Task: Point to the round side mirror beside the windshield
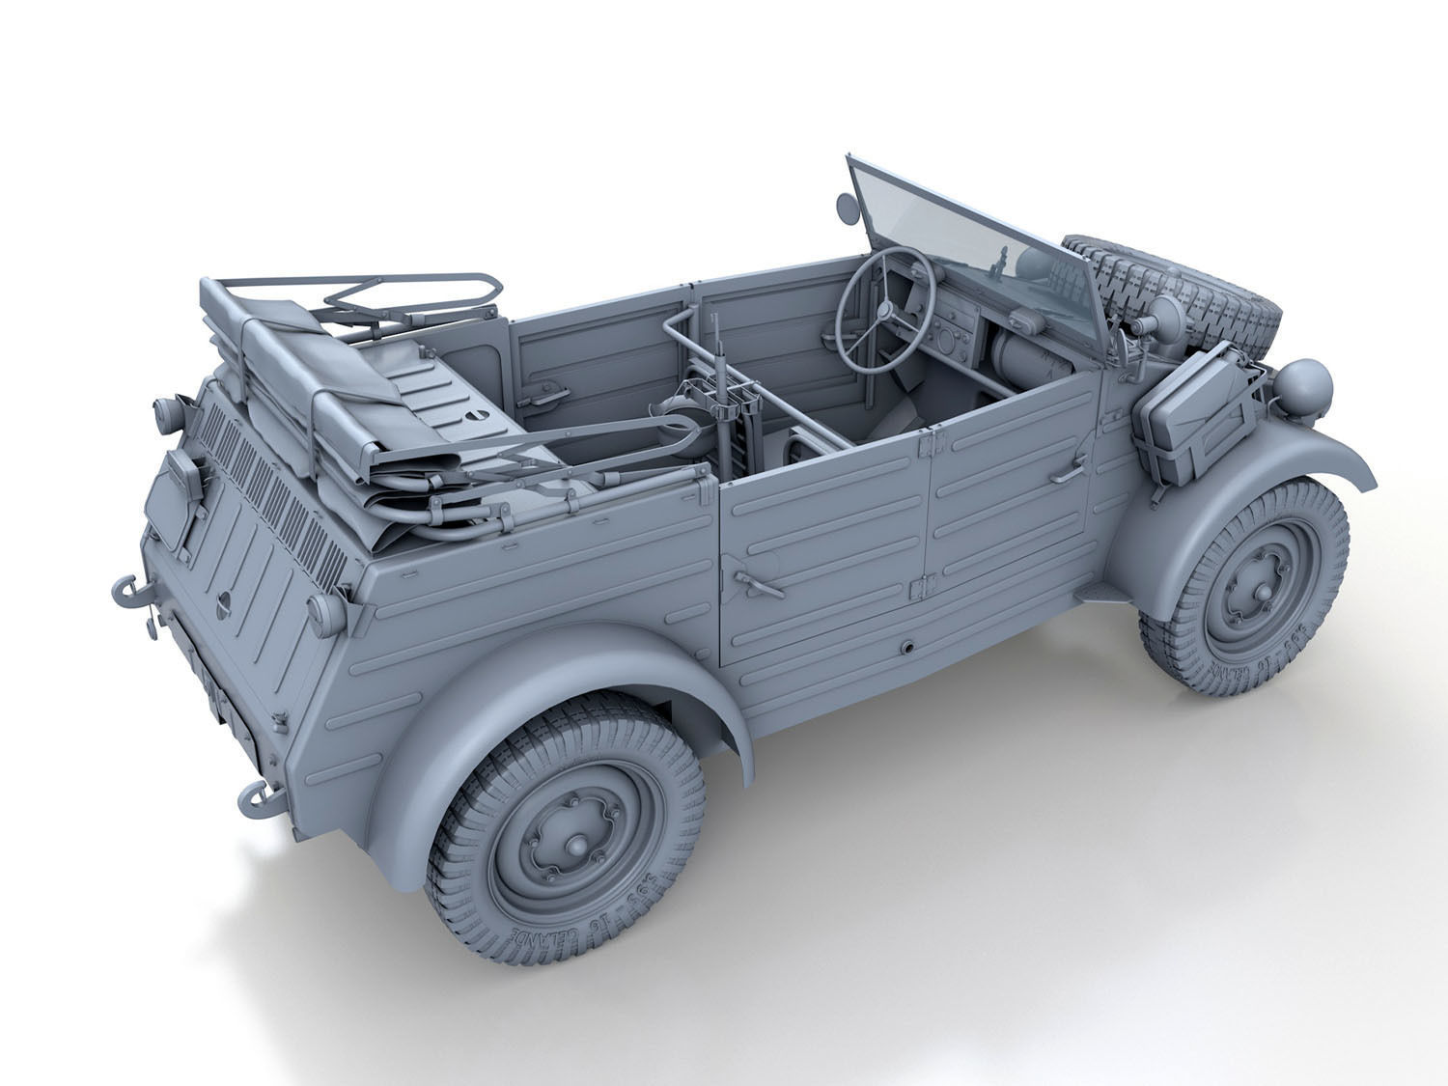click(x=844, y=205)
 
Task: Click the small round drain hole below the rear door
click(x=907, y=646)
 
